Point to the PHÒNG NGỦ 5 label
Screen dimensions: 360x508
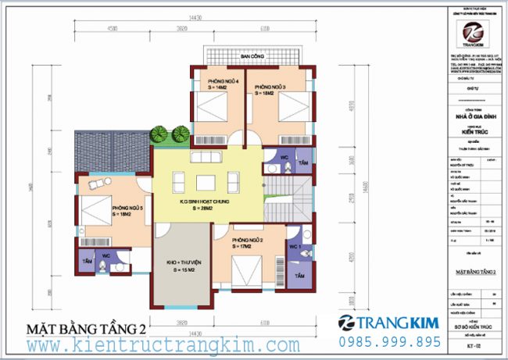coord(127,209)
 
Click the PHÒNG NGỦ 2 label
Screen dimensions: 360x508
coord(247,239)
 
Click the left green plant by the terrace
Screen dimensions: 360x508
coord(159,134)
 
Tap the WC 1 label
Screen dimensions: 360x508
coord(295,248)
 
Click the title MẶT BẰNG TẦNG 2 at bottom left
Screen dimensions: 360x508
coord(87,326)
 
